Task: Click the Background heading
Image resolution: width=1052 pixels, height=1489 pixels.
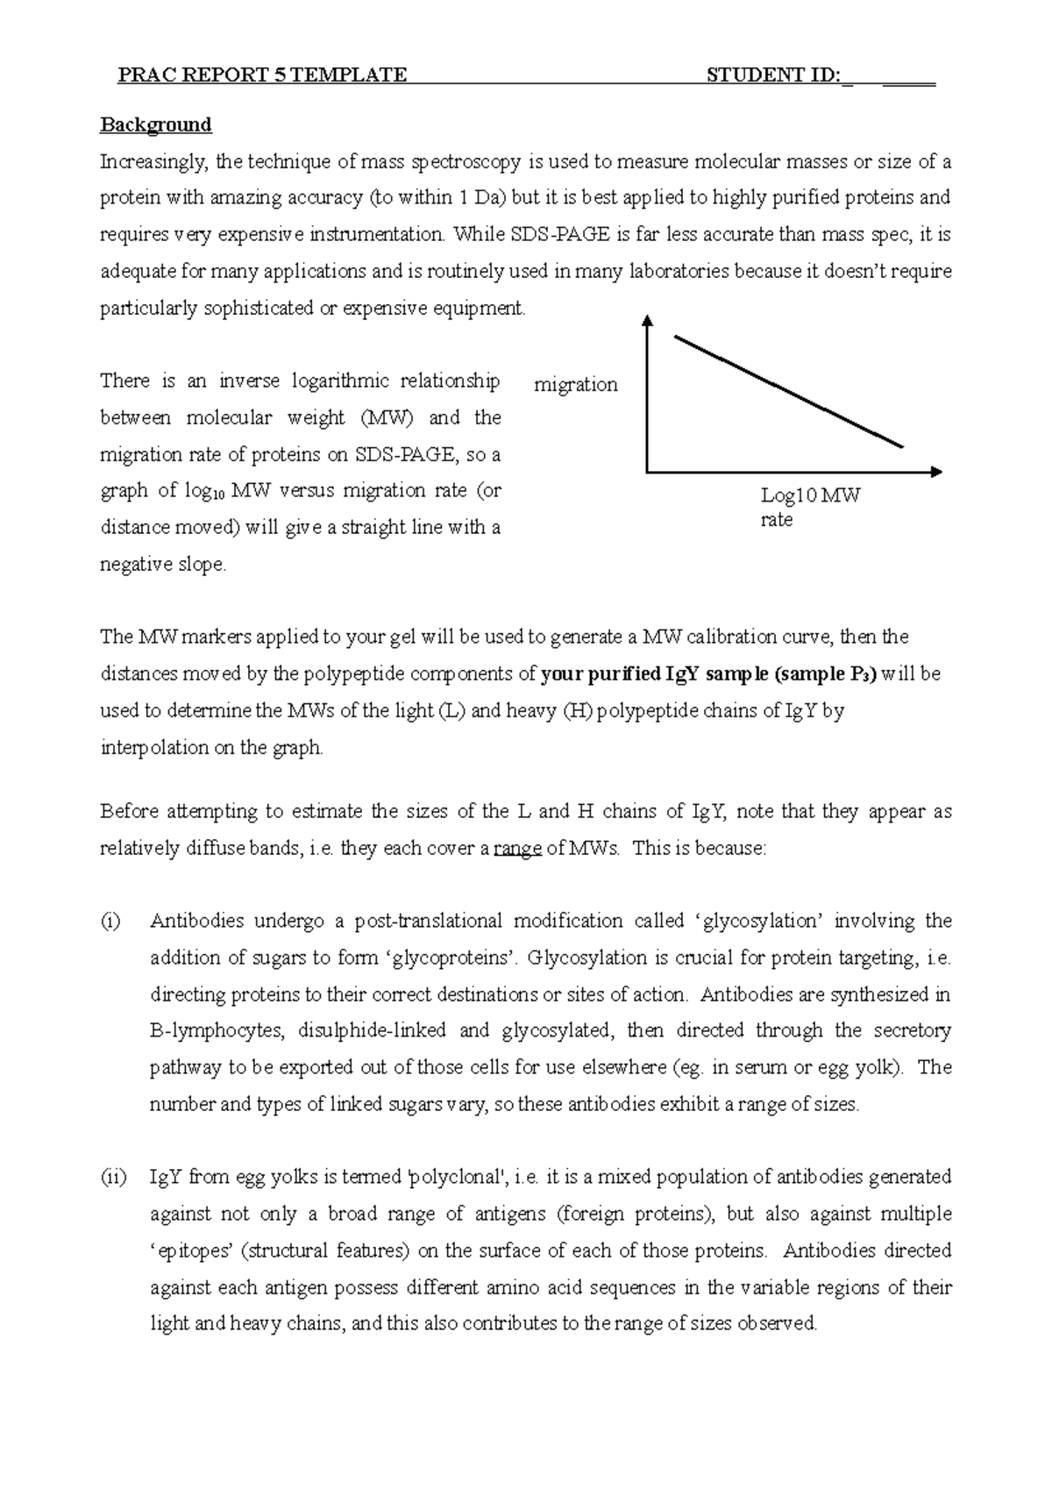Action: tap(156, 125)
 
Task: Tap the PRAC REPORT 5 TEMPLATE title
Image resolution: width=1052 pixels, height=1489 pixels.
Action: tap(262, 75)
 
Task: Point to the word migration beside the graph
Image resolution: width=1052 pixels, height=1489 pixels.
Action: tap(576, 384)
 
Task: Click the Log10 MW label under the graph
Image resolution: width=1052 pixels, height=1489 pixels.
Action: tap(810, 496)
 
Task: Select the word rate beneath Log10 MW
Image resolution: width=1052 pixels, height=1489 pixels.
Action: tap(777, 520)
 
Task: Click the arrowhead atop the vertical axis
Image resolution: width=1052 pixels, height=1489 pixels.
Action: tap(647, 321)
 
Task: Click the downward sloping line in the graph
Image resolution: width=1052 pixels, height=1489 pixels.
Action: tap(789, 392)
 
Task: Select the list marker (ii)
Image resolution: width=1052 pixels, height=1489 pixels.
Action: tap(113, 1177)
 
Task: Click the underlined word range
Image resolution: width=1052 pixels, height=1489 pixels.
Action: tap(518, 849)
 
